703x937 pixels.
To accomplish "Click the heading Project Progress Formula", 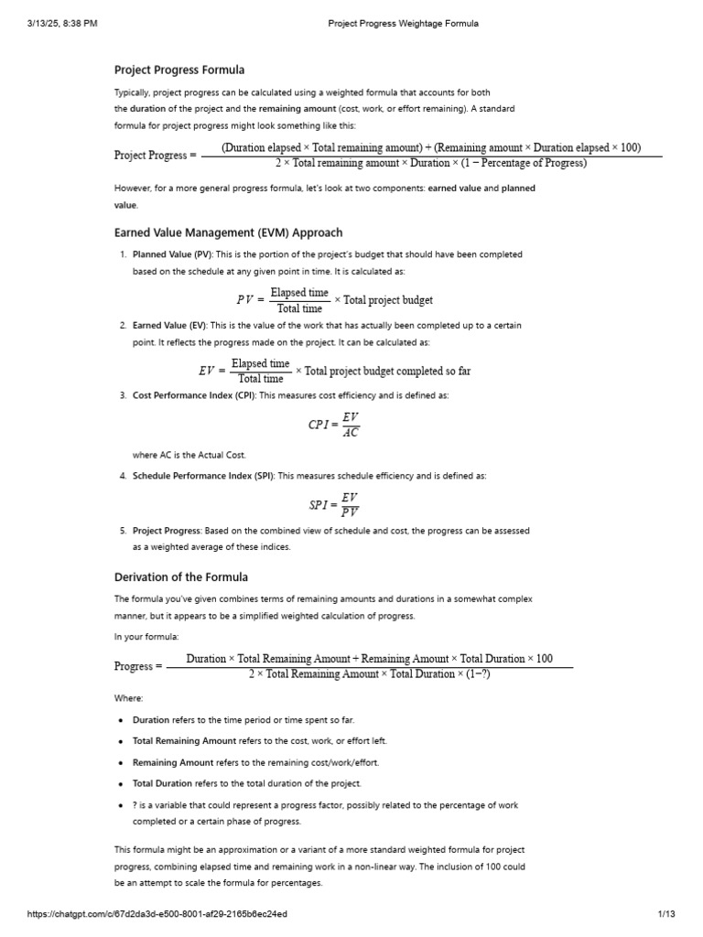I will coord(178,70).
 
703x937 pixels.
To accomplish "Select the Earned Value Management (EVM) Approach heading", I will coord(228,232).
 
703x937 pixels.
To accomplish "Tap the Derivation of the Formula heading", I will coord(180,576).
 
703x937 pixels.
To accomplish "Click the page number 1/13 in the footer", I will coord(665,914).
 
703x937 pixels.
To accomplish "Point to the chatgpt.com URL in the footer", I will coord(152,914).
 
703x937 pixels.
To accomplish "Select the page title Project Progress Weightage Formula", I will coord(403,23).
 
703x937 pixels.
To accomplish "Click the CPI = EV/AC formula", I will coord(334,425).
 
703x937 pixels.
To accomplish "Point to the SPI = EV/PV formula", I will coord(334,504).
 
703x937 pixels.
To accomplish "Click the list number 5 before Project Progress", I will coord(123,530).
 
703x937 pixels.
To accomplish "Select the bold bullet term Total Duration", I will coord(162,783).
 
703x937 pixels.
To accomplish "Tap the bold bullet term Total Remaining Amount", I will coord(184,741).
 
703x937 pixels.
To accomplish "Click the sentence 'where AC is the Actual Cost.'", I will coord(189,455).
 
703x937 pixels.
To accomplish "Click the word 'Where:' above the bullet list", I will coord(128,698).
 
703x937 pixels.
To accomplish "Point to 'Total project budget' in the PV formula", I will coord(388,300).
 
